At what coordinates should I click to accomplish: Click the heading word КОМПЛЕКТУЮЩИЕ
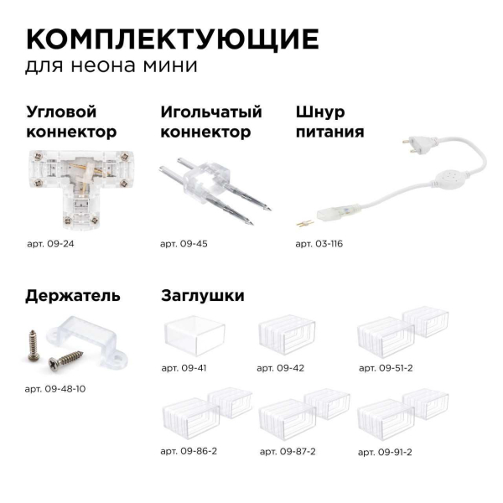coord(172,39)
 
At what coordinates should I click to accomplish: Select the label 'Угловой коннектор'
coord(71,122)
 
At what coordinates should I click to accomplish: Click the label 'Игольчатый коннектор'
coord(210,122)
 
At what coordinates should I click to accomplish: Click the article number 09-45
coord(184,244)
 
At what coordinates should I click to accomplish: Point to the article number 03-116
coord(319,244)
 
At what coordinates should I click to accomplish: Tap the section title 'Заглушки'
coord(202,296)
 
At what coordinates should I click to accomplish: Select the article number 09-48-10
coord(56,389)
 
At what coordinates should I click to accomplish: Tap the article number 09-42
coord(283,367)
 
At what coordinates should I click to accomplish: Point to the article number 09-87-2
coord(288,451)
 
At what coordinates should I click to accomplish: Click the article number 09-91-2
coord(385,451)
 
